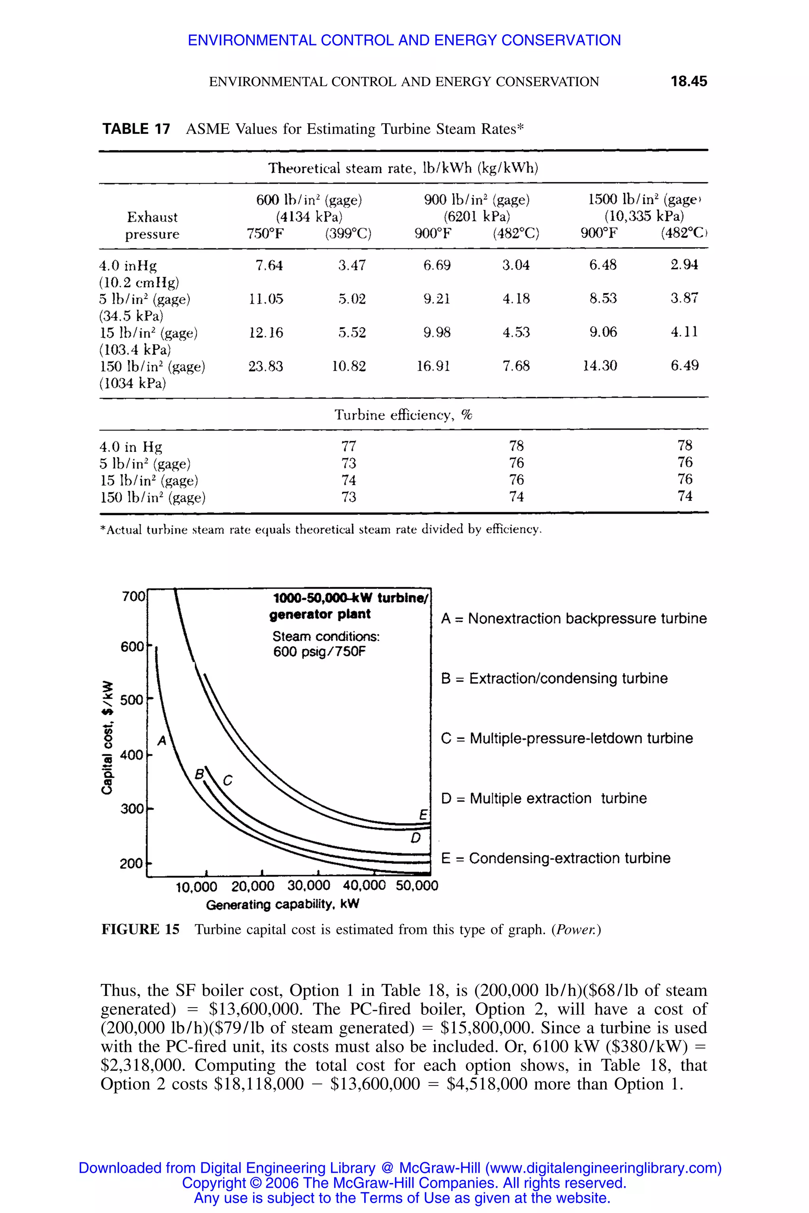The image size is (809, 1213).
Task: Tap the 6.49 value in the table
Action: (684, 366)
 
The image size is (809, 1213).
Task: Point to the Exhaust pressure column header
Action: (152, 225)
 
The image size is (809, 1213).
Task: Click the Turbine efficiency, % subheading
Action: (403, 415)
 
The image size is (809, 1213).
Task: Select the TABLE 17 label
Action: (136, 129)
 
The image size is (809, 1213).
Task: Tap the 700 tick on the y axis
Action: (133, 597)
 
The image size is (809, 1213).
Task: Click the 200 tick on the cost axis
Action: (132, 863)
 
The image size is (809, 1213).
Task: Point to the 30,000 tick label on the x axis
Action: (309, 886)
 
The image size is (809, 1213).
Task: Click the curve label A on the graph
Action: (162, 741)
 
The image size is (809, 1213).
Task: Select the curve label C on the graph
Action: (228, 781)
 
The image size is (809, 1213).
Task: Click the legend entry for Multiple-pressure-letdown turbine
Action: (566, 738)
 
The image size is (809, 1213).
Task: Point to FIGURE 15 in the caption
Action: (140, 930)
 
